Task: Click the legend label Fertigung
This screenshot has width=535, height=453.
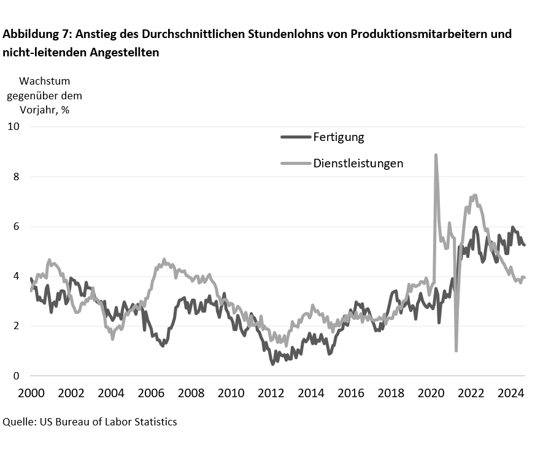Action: coord(338,137)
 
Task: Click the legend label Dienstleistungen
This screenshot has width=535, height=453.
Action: coord(358,163)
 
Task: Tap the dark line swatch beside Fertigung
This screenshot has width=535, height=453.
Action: coord(296,137)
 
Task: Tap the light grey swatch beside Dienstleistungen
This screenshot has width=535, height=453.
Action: coord(296,163)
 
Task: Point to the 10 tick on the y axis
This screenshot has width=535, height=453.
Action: coord(13,126)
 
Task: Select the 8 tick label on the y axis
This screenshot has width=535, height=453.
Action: coord(16,177)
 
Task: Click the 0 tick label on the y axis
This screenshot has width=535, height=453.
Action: coord(16,376)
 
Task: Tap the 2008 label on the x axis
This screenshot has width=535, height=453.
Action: coord(191,393)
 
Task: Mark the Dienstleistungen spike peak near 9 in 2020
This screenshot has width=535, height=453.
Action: coord(436,155)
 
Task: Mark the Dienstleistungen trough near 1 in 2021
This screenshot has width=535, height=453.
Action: coord(456,351)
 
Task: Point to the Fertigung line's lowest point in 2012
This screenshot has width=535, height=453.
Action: coord(272,364)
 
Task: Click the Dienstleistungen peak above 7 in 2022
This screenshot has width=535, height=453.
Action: coord(474,196)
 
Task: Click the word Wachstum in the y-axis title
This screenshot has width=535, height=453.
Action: coord(45,81)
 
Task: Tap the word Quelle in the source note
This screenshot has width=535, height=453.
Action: coord(18,422)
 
